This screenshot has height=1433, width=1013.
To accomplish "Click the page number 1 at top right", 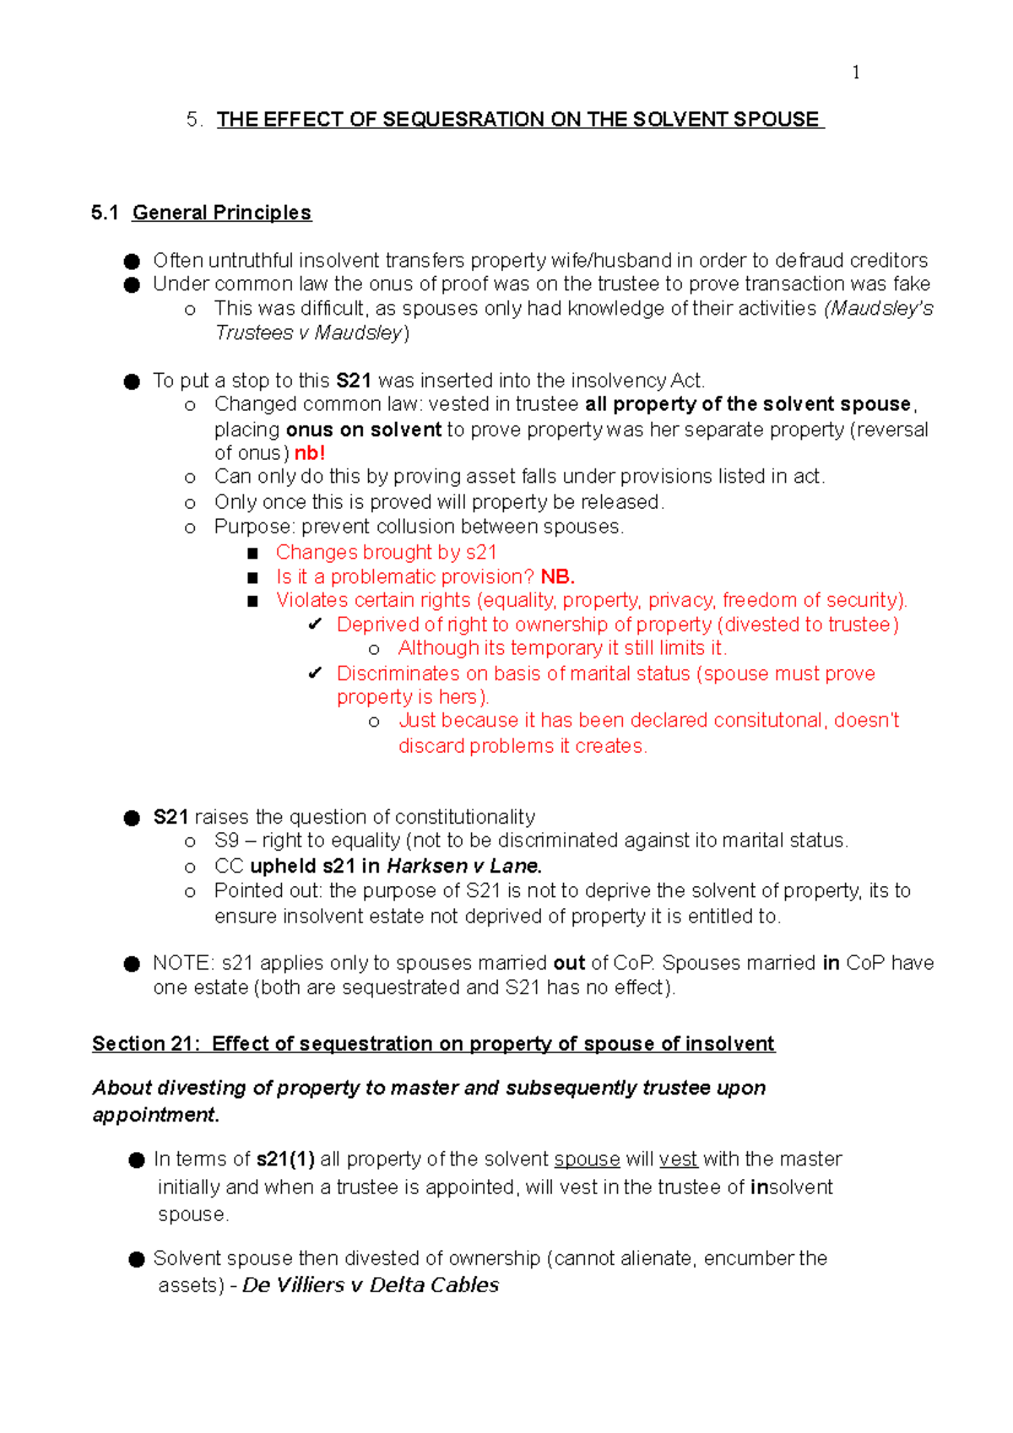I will pos(856,73).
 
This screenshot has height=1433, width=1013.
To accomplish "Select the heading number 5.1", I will pos(105,213).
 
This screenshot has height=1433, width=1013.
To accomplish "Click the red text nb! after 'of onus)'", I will pos(310,453).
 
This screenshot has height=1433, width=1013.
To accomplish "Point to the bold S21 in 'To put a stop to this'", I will pos(354,381).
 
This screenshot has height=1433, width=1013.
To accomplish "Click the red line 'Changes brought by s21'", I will pos(386,553).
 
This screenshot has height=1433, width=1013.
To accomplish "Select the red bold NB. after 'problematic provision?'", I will pos(557,577).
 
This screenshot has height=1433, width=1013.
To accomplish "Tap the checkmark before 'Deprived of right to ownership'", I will pos(315,625).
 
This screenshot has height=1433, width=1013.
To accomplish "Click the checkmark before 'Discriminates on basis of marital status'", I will pos(315,673).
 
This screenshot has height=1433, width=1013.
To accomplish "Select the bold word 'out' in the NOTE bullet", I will pos(569,964).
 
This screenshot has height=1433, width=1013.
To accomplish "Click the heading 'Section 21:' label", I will pos(146,1045).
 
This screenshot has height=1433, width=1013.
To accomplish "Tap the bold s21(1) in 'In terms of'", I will pos(285,1160).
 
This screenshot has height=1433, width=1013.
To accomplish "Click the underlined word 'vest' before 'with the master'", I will pos(678,1160).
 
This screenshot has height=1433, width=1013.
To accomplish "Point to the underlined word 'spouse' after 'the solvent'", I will pos(587,1160).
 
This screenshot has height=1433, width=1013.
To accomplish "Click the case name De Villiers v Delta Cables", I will pos(371,1285).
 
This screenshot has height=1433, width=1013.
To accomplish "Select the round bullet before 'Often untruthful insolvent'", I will pos(132,262).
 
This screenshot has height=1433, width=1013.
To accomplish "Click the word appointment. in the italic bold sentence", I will pos(155,1116).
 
